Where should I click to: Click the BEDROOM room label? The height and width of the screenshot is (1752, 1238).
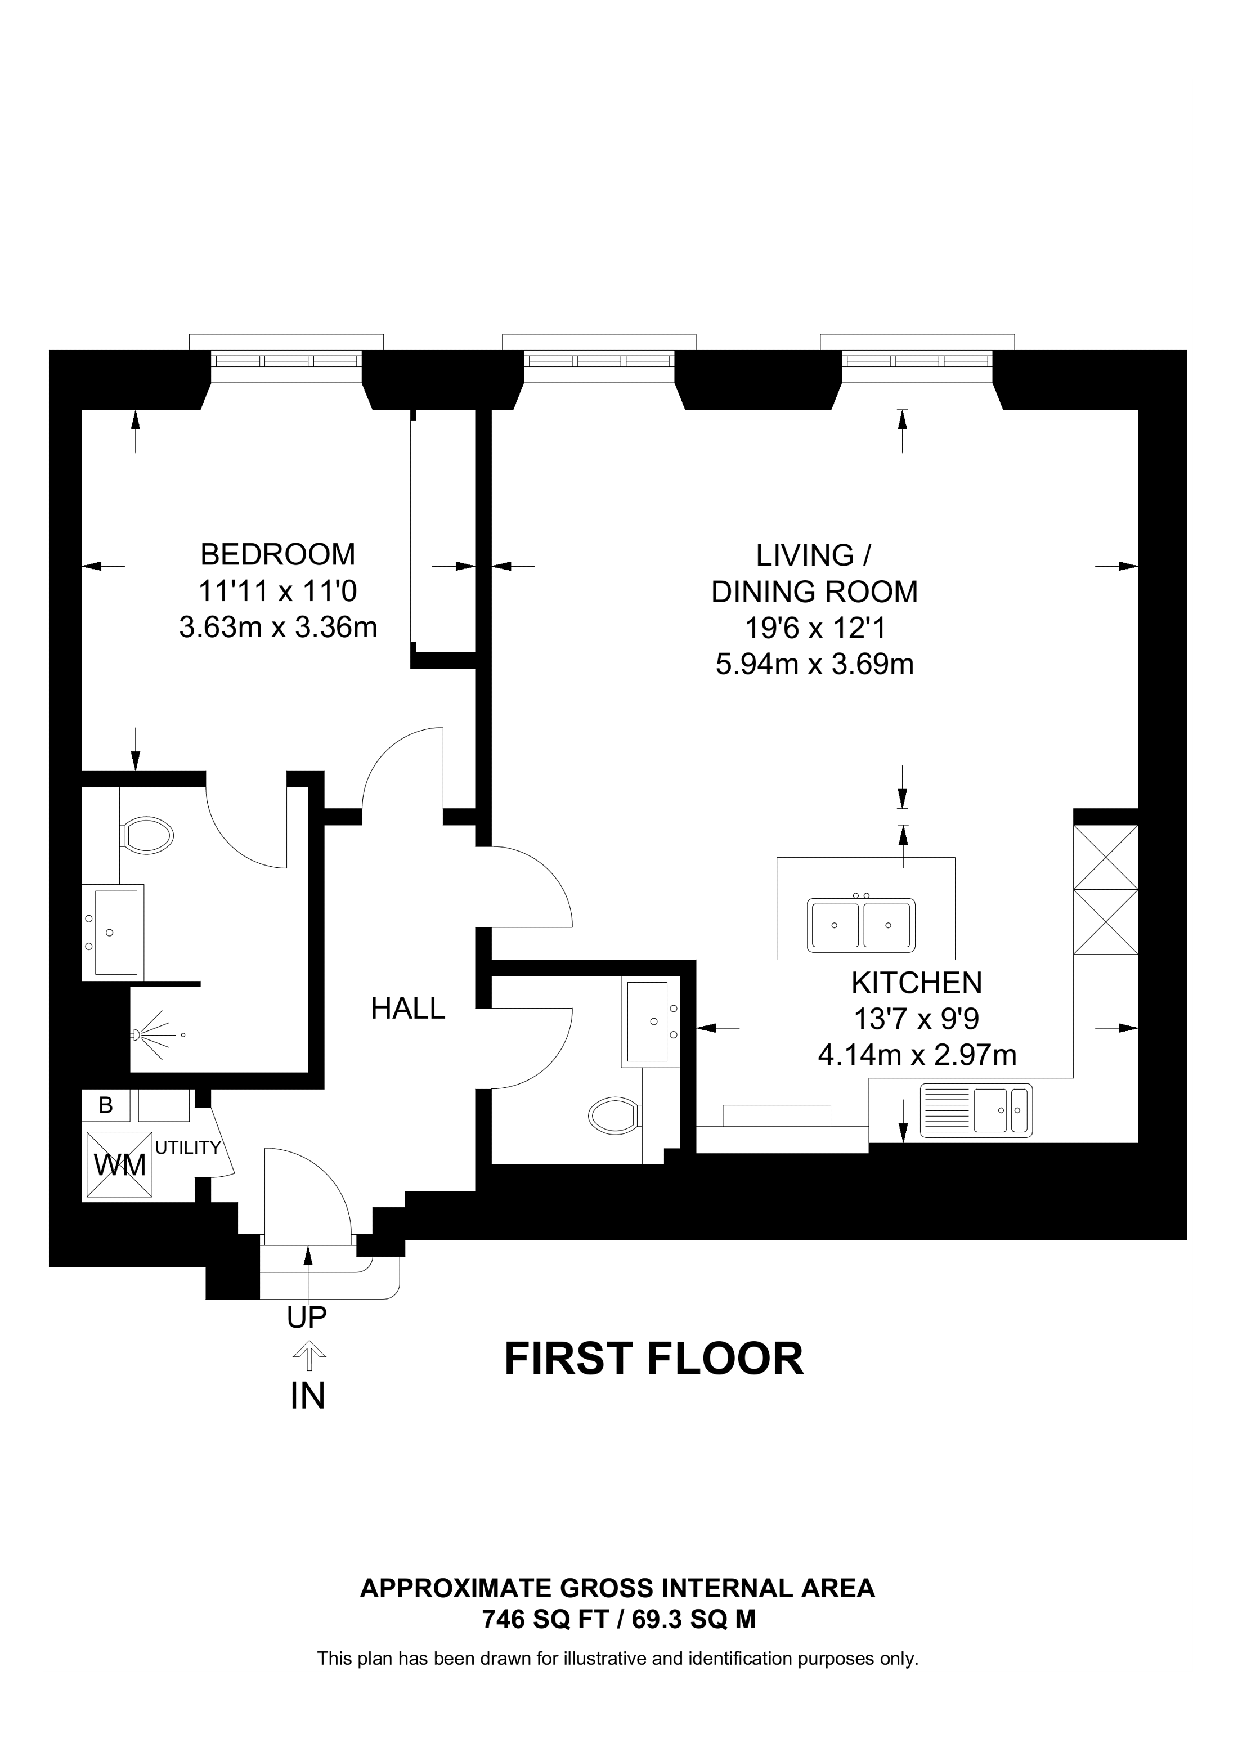coord(277,555)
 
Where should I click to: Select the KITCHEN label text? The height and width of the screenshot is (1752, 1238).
coord(917,983)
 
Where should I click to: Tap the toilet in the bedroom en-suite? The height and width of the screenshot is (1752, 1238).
coord(146,836)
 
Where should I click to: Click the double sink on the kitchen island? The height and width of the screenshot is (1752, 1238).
coord(861,924)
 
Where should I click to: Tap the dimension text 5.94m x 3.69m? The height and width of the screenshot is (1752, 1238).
coord(815,665)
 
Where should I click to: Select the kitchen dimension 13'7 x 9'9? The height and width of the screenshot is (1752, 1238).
coord(917,1019)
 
